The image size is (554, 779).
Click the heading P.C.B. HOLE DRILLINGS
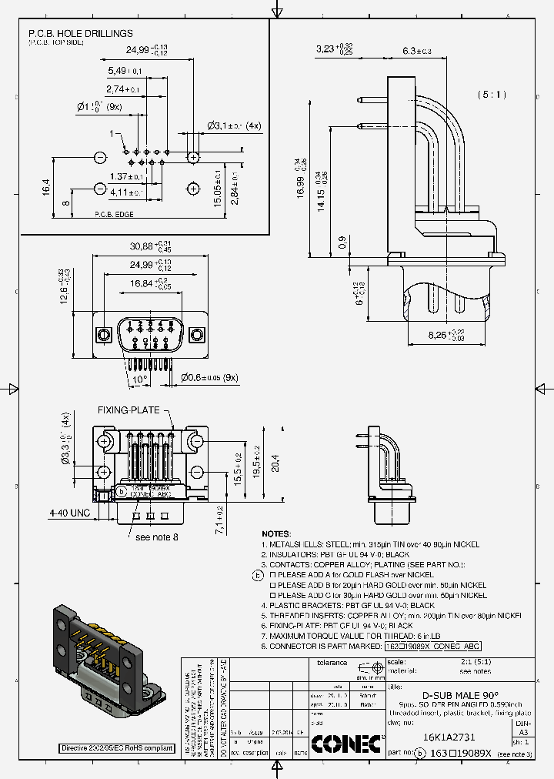point(81,34)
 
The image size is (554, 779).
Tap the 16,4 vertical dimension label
point(45,186)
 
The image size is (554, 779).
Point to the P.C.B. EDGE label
point(114,215)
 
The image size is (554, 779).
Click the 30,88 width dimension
point(148,246)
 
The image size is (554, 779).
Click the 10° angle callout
point(138,379)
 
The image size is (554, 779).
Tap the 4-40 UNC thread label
point(68,512)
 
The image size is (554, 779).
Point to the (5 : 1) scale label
point(492,95)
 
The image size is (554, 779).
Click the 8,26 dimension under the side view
point(444,336)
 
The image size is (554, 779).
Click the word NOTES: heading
point(277,533)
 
